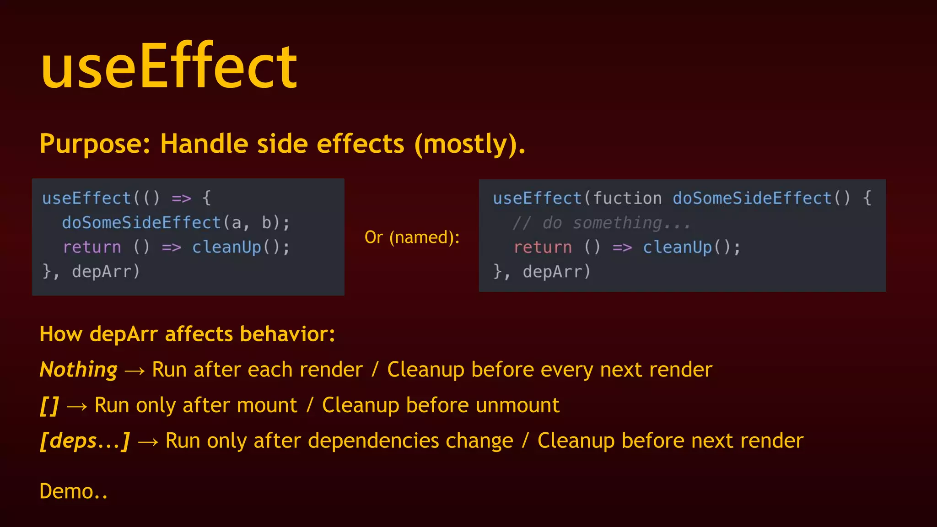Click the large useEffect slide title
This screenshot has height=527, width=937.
(169, 66)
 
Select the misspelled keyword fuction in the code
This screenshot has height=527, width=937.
(627, 199)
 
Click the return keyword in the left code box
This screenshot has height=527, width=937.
(92, 247)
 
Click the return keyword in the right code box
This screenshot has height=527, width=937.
(543, 247)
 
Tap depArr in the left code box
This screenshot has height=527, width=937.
(105, 272)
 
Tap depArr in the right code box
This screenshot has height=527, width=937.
(556, 272)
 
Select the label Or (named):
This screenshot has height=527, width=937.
(412, 237)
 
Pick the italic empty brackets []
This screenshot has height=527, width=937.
(49, 405)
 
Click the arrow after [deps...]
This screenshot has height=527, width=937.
(148, 442)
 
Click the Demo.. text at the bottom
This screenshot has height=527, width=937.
(74, 491)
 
